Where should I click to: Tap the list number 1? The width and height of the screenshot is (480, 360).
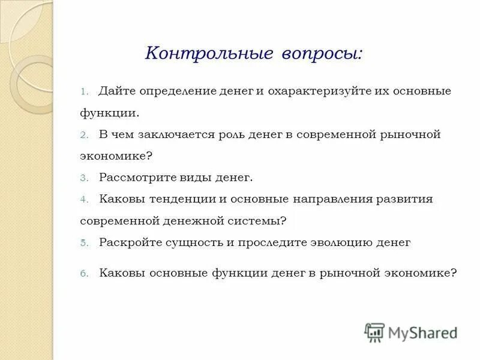tap(84, 92)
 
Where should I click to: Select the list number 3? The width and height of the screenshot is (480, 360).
tap(84, 178)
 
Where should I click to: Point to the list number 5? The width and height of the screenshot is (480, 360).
tap(84, 243)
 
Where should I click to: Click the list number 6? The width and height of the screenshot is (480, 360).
tap(84, 273)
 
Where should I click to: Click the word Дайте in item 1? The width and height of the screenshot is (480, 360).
tap(116, 92)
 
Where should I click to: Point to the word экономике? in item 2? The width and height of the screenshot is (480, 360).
tap(116, 156)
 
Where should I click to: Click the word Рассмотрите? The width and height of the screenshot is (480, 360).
tap(139, 178)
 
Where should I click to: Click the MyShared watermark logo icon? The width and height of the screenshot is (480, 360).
tap(375, 332)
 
